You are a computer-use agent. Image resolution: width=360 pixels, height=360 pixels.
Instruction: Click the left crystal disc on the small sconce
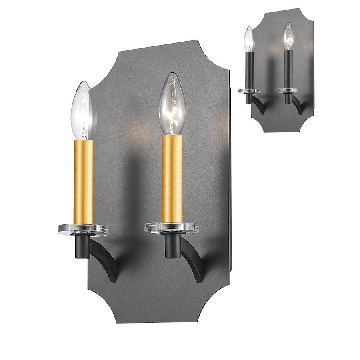coord(249,91)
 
